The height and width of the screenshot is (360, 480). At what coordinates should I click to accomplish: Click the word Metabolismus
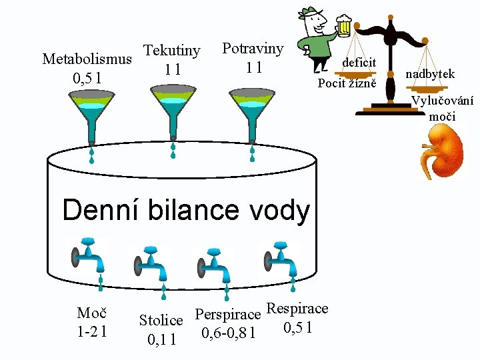87,59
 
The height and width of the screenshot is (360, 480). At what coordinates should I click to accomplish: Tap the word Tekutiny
172,51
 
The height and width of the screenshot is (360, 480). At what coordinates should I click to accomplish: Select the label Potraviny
253,49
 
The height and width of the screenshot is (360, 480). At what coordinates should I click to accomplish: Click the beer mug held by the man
343,26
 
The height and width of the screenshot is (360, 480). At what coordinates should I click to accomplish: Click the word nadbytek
429,74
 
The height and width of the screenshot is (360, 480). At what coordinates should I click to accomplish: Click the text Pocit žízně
347,83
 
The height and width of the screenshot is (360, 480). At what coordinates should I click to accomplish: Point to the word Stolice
161,321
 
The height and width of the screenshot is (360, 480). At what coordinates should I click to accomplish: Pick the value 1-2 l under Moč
93,330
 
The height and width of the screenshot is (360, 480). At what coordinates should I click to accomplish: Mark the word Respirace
297,308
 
